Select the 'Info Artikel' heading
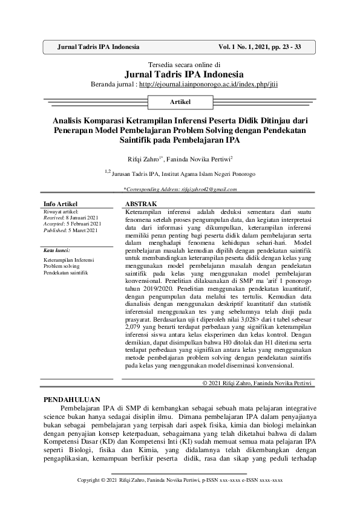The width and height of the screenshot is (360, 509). pos(62,204)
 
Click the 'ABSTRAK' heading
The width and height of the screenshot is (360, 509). pos(140,204)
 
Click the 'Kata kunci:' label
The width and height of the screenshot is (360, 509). pos(57,250)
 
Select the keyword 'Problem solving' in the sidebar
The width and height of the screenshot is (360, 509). pos(62,266)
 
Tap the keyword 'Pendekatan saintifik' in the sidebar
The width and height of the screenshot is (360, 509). pos(67,273)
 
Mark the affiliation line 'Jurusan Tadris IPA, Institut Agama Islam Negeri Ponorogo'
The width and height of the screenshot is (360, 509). pos(183,173)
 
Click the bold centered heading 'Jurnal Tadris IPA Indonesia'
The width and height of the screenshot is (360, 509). pos(180,74)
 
